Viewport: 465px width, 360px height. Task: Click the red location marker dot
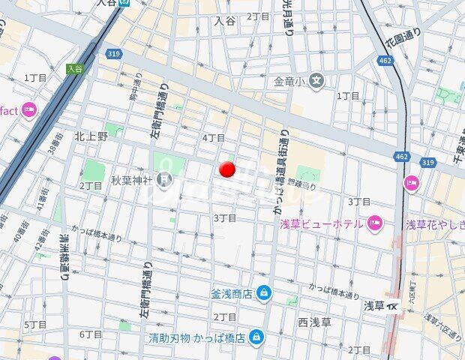227,169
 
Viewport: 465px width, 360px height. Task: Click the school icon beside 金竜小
317,80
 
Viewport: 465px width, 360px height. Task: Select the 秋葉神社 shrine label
131,180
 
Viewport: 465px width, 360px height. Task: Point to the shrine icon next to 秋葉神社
164,180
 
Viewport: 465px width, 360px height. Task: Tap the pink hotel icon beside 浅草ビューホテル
375,223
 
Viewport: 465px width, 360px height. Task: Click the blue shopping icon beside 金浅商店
262,293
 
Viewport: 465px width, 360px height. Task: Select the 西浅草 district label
314,322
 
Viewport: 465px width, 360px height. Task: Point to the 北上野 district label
91,136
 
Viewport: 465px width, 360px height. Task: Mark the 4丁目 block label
214,138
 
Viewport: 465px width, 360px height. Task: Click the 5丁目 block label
35,324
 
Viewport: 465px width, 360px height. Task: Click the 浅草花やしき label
434,223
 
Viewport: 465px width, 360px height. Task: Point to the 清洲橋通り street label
64,254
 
